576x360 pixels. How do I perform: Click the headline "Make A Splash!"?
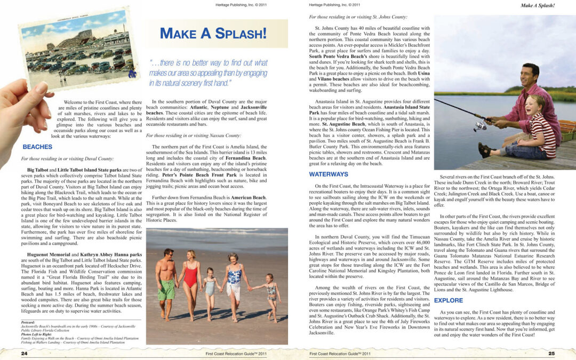(x=213, y=33)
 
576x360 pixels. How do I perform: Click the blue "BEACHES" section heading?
(x=37, y=147)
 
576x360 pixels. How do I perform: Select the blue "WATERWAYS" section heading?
(x=328, y=174)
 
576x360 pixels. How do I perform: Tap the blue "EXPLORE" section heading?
(x=448, y=301)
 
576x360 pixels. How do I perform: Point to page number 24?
(x=24, y=353)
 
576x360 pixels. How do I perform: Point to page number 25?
(x=551, y=353)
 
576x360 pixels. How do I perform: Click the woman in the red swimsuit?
(x=190, y=283)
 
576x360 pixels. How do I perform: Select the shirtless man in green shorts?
(x=166, y=283)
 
